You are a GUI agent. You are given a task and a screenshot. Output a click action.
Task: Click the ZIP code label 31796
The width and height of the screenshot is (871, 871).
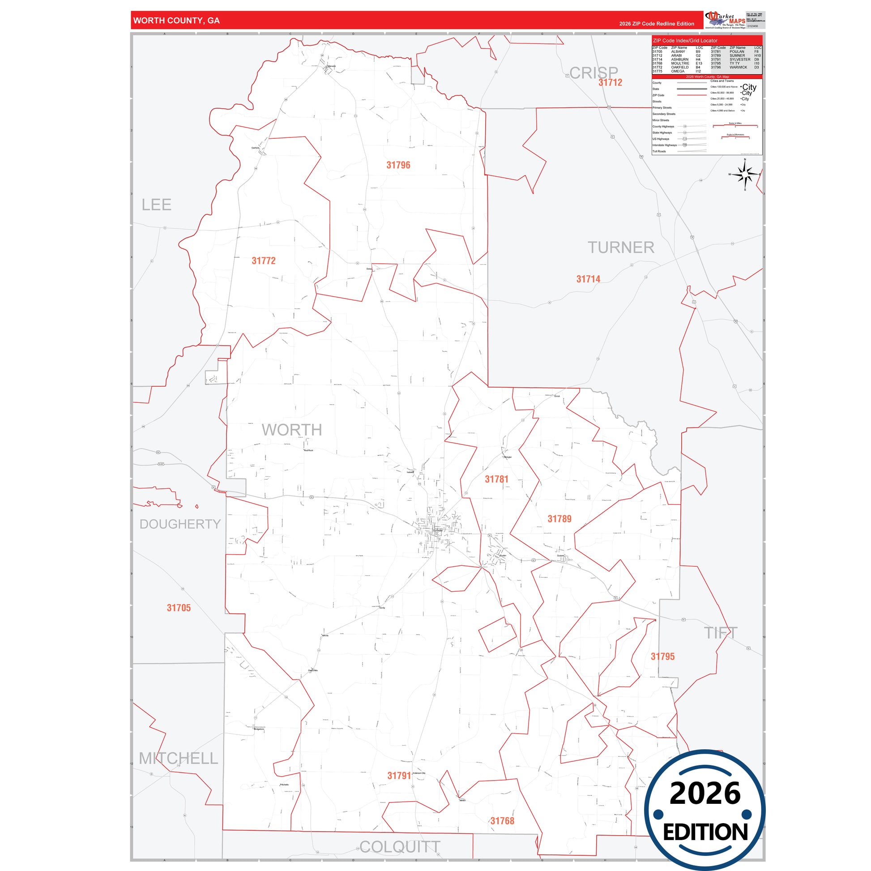[398, 165]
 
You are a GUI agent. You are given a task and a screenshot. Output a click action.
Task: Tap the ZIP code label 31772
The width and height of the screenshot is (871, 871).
[263, 260]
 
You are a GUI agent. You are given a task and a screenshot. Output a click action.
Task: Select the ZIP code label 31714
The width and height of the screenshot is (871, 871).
[588, 279]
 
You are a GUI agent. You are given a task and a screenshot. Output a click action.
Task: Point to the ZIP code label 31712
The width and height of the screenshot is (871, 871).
[610, 82]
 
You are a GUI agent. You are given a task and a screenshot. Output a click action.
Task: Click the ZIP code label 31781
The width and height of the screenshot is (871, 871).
[496, 479]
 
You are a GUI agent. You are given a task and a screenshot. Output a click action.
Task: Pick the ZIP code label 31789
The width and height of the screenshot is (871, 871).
[559, 519]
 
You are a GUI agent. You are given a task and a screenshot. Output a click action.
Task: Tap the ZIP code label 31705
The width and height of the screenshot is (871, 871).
[179, 608]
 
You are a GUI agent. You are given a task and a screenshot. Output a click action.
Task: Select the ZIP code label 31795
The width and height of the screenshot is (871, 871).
[662, 657]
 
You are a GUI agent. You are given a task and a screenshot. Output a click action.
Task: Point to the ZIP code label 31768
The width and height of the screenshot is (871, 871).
[502, 821]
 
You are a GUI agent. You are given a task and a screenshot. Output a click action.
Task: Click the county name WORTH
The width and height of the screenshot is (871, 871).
[292, 430]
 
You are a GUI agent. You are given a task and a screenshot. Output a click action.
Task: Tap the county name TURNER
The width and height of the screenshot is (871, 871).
[621, 248]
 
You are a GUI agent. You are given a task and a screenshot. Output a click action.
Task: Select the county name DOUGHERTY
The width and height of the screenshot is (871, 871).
[180, 524]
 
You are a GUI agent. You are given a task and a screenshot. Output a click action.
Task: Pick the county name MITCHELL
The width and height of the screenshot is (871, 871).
[178, 758]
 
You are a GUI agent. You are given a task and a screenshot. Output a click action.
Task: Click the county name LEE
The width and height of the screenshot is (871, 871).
[157, 205]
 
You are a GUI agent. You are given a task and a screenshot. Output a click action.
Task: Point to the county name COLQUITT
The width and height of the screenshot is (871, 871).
[399, 847]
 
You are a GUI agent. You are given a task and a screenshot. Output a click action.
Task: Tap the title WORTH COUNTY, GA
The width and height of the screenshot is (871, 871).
[176, 21]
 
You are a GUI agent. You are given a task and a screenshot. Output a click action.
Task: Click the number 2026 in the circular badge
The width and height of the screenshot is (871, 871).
[704, 793]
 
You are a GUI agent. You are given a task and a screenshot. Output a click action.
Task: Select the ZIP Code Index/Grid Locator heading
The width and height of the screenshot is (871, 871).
[685, 41]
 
